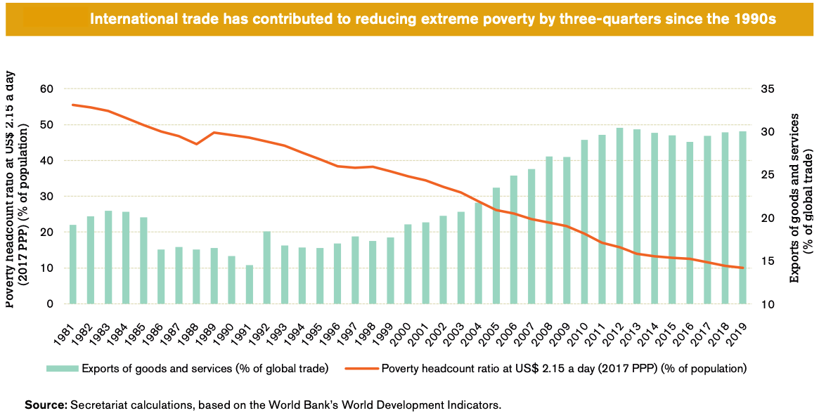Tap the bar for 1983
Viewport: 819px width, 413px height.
(x=108, y=257)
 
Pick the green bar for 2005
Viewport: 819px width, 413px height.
(x=496, y=246)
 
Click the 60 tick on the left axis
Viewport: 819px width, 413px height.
(x=47, y=88)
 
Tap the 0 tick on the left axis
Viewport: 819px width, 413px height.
(x=51, y=304)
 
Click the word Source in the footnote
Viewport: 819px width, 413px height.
(x=45, y=405)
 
